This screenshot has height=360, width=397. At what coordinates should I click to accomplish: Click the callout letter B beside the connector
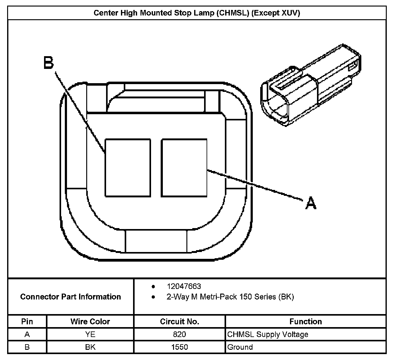[x=48, y=63]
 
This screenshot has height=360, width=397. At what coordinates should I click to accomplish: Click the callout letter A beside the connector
[x=311, y=203]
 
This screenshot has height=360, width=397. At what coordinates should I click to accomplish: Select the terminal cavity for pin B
[x=128, y=168]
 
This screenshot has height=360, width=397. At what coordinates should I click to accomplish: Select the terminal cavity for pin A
[x=184, y=168]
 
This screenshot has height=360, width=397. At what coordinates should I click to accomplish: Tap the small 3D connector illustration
[x=311, y=85]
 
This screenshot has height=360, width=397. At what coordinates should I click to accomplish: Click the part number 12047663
[x=184, y=286]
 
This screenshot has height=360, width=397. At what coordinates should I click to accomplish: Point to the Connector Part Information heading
[x=70, y=297]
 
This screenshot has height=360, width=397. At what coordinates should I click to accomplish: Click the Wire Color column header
[x=90, y=322]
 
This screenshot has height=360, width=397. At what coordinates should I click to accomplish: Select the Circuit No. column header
[x=180, y=322]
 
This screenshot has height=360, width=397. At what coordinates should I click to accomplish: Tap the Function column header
[x=306, y=322]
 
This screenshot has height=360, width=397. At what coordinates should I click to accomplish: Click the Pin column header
[x=27, y=322]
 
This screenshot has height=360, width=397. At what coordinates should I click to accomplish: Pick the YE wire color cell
[x=90, y=334]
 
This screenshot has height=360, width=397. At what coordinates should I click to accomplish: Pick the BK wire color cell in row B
[x=90, y=347]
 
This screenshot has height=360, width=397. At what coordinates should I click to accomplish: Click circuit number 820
[x=180, y=334]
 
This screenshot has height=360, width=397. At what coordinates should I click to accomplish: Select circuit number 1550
[x=180, y=347]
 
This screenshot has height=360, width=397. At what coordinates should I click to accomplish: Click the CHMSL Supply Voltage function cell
[x=268, y=334]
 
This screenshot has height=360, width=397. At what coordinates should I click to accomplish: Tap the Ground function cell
[x=240, y=347]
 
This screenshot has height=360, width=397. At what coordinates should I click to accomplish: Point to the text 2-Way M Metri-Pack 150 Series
[x=221, y=297]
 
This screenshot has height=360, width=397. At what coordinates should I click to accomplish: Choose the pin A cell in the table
[x=27, y=334]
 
